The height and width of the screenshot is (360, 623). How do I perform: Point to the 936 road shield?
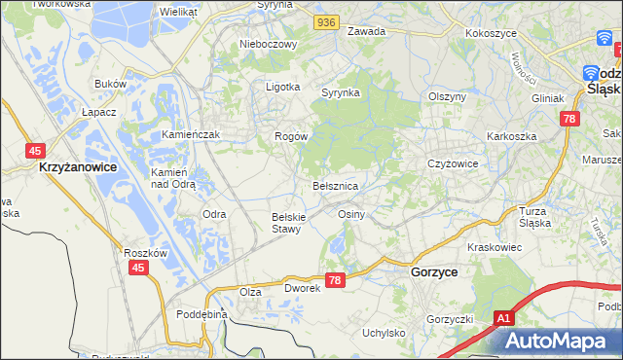[x=325, y=20]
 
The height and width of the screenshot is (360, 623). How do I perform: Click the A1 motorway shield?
[x=502, y=318]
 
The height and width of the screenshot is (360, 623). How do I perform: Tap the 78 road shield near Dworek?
[x=336, y=280]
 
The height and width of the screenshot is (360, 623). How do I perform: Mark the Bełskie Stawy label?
[x=289, y=223]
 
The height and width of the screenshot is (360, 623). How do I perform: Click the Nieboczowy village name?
[x=267, y=44]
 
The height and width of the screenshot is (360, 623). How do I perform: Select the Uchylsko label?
[x=384, y=332]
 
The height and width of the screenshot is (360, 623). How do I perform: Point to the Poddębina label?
[x=202, y=314]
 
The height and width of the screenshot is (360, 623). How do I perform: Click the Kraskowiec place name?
[x=495, y=247]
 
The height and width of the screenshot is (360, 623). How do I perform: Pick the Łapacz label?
[x=99, y=112]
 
